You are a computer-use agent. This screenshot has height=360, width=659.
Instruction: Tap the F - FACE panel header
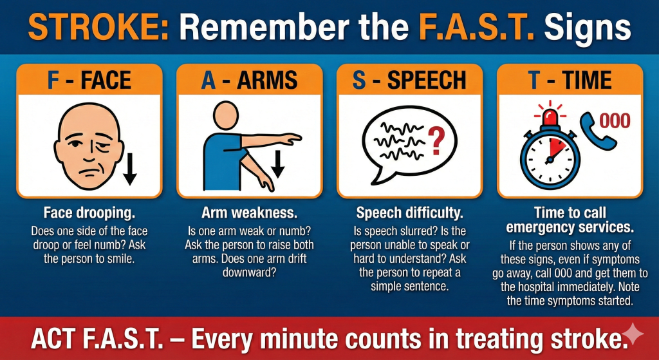coord(89,80)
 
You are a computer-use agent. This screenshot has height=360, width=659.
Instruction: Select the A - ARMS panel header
coord(249,80)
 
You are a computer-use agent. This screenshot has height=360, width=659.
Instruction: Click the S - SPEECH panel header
coord(409,80)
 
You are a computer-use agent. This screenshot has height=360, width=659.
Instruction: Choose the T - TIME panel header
coord(570,80)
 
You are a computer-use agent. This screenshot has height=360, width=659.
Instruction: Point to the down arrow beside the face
coord(129,169)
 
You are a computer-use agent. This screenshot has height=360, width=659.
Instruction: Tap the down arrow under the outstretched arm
coord(277,164)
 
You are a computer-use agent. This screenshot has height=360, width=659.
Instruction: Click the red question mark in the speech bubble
coord(437,140)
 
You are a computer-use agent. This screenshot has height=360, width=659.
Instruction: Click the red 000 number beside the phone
coord(615,121)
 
